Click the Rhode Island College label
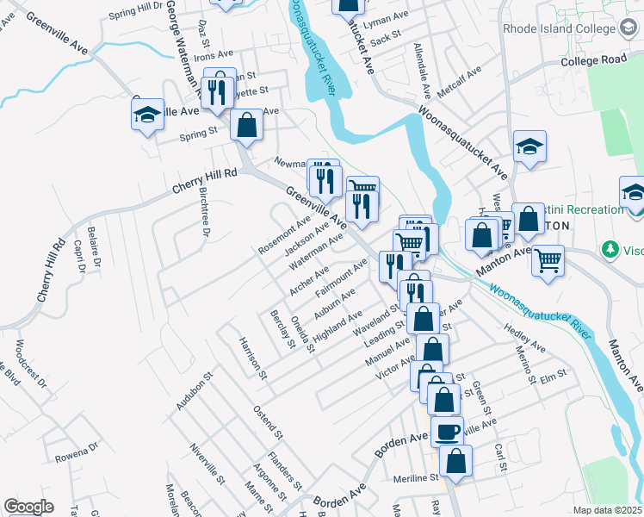tap(551, 28)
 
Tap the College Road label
tap(593, 60)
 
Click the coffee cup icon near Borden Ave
tap(447, 430)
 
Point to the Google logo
tap(28, 507)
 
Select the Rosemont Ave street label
tap(284, 235)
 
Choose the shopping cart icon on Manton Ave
tap(548, 259)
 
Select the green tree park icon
tap(611, 249)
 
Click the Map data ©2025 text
tap(606, 510)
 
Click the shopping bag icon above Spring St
tap(246, 125)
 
